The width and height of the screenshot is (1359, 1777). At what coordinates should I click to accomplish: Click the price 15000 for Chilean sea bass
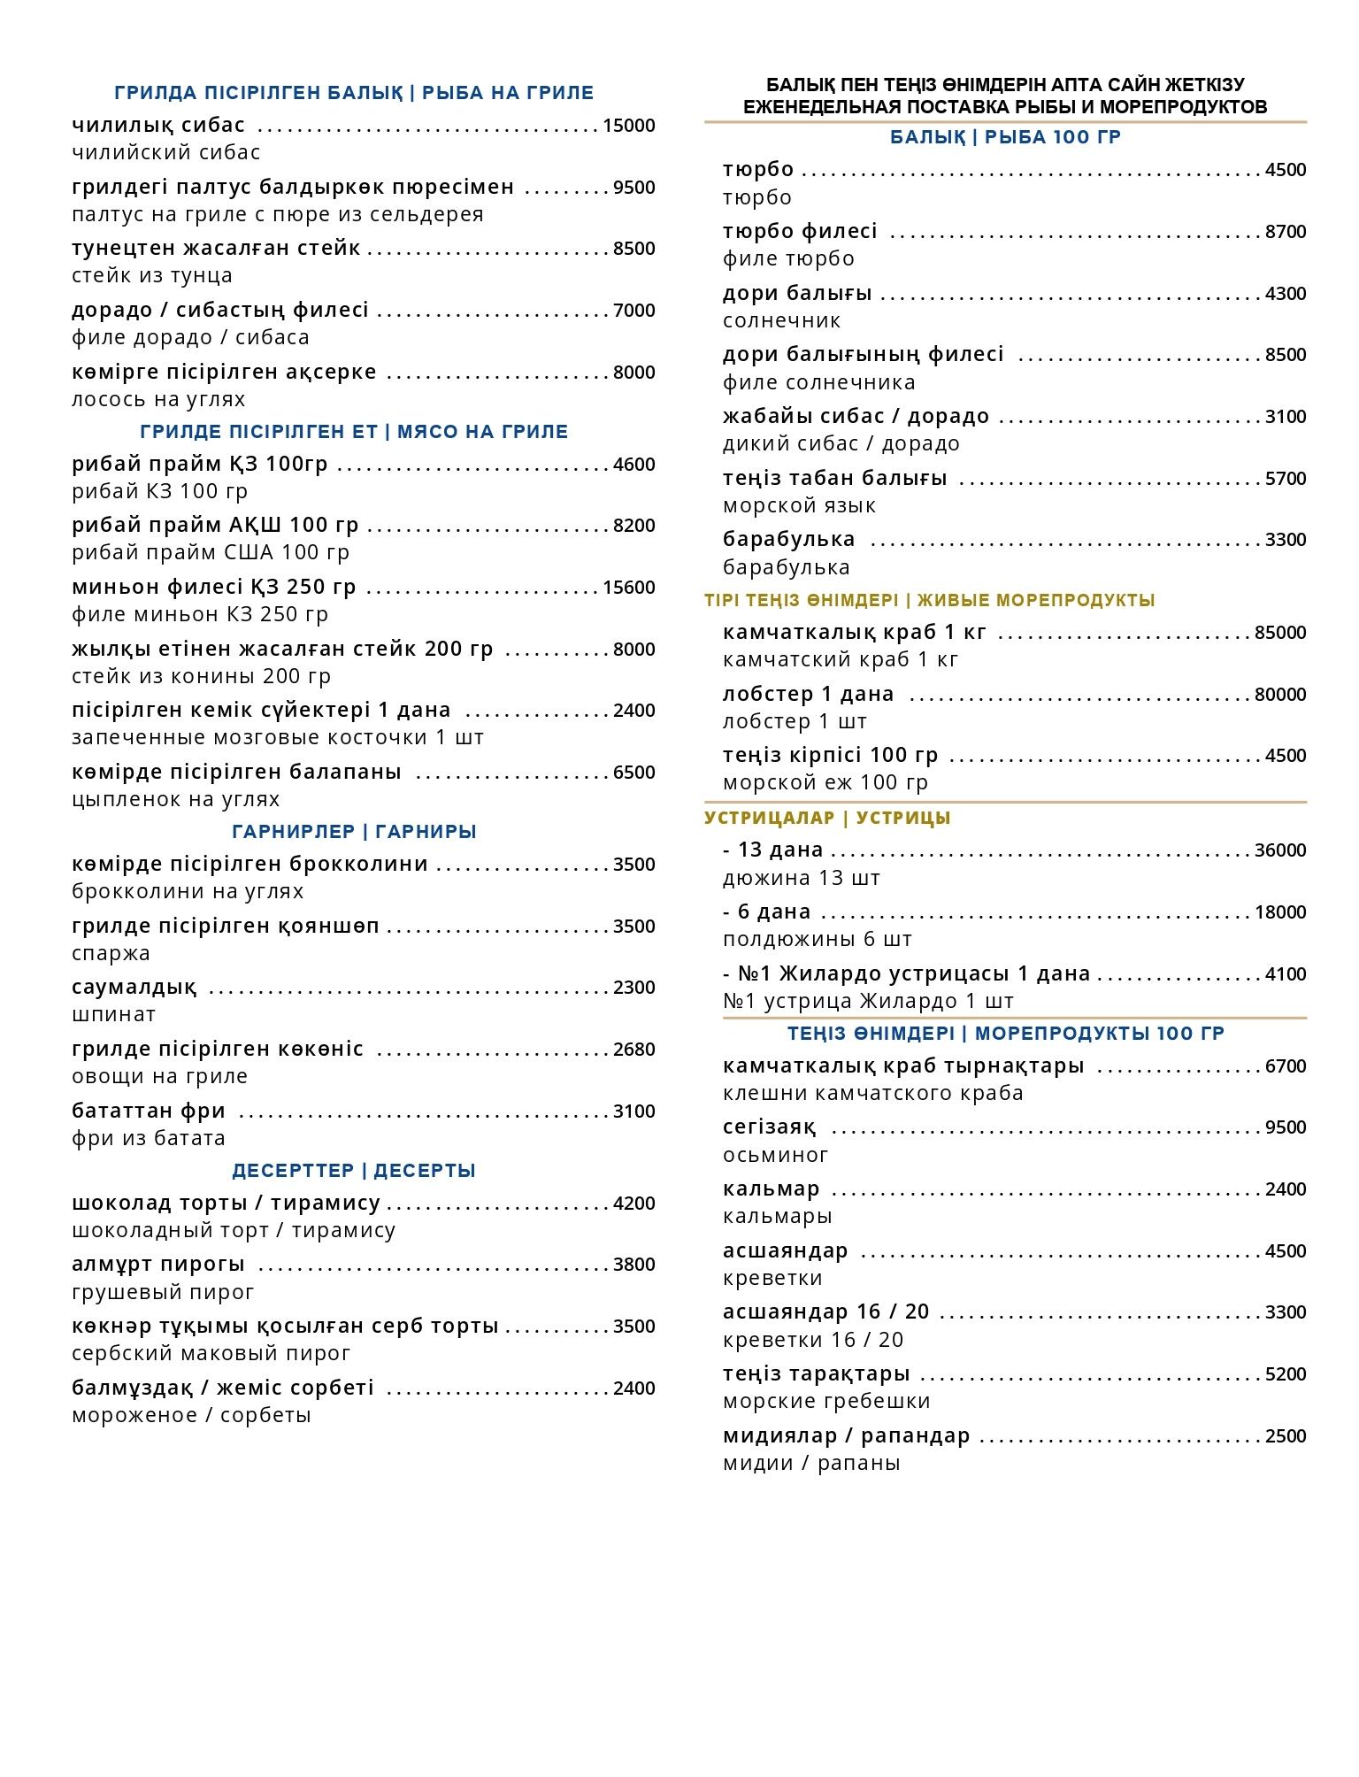pyautogui.click(x=628, y=126)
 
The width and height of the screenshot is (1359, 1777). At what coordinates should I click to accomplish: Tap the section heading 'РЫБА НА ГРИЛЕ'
pyautogui.click(x=507, y=93)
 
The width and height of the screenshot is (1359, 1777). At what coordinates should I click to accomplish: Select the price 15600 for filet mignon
pyautogui.click(x=628, y=588)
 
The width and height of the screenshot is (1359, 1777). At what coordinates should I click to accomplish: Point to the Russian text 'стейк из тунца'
pyautogui.click(x=152, y=275)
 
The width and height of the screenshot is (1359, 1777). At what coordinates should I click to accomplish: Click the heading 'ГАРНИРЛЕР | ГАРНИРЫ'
pyautogui.click(x=354, y=832)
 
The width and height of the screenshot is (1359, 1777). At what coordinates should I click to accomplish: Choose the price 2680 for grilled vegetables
pyautogui.click(x=633, y=1050)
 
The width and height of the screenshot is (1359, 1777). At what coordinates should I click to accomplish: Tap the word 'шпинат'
pyautogui.click(x=113, y=1014)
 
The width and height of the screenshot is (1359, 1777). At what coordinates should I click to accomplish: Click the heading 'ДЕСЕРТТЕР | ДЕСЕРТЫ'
pyautogui.click(x=354, y=1171)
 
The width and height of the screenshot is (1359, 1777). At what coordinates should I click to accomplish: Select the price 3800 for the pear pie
pyautogui.click(x=633, y=1265)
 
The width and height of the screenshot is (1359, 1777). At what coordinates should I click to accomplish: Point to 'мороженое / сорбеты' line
pyautogui.click(x=191, y=1415)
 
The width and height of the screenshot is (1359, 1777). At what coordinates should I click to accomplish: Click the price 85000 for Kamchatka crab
pyautogui.click(x=1279, y=633)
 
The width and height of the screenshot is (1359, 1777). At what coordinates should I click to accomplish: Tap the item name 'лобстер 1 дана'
pyautogui.click(x=808, y=694)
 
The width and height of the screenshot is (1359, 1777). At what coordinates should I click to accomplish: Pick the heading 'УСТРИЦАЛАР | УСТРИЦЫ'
pyautogui.click(x=827, y=818)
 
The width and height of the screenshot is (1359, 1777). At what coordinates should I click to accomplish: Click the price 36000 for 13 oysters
pyautogui.click(x=1279, y=850)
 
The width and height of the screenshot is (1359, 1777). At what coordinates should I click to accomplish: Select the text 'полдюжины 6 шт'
pyautogui.click(x=817, y=939)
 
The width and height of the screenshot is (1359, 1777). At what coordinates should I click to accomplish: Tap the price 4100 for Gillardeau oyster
pyautogui.click(x=1285, y=974)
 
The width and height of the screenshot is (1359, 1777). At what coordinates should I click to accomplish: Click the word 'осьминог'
pyautogui.click(x=775, y=1155)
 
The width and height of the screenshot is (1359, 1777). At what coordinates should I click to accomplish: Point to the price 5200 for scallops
pyautogui.click(x=1285, y=1374)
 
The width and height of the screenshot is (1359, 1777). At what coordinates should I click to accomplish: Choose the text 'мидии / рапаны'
pyautogui.click(x=811, y=1463)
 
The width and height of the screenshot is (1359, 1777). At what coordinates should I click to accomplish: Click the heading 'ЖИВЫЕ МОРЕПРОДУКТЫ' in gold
pyautogui.click(x=1035, y=600)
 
